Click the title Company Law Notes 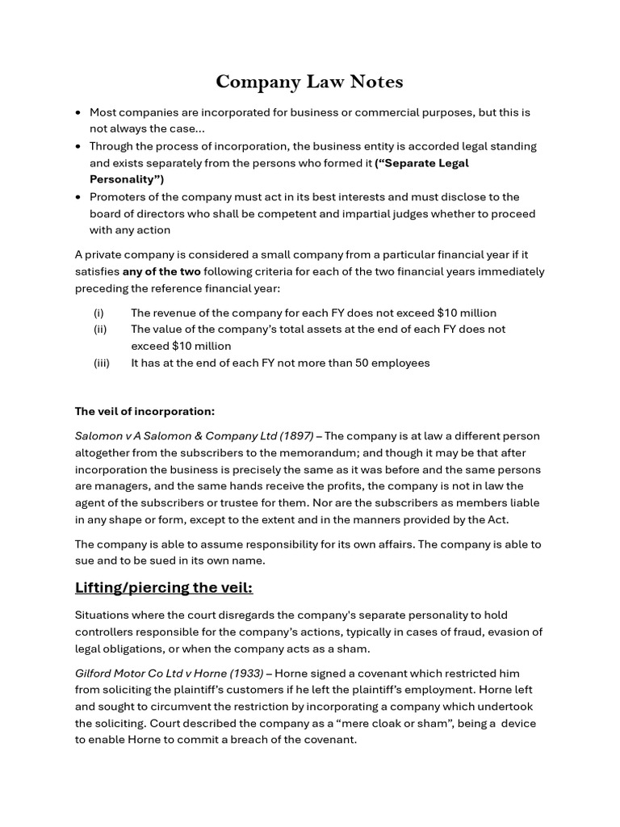tap(309, 82)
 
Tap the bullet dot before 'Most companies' tap(77, 112)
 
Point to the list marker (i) tap(98, 313)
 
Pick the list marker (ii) tap(100, 330)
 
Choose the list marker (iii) tap(101, 363)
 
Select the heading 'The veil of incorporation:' tap(145, 411)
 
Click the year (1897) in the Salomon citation tap(296, 436)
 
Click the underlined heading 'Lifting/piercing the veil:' tap(164, 587)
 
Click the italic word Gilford tap(94, 674)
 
